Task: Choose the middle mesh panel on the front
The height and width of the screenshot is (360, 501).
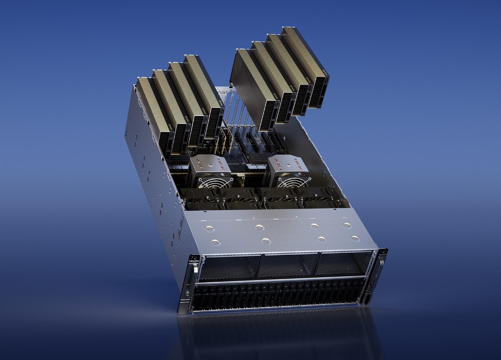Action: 287,265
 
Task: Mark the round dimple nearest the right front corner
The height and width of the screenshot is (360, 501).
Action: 354,238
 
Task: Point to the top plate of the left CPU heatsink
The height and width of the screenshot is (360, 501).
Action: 207,162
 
